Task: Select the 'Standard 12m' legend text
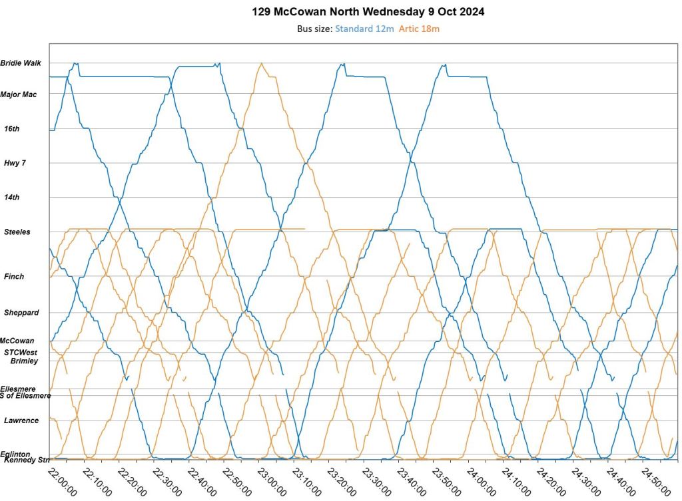coord(364,29)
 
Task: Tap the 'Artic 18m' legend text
coord(419,29)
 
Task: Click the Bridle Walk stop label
coord(21,63)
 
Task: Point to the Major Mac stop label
coord(19,94)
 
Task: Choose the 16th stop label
coord(12,128)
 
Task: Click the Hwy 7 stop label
coord(15,163)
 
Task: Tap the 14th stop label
coord(12,198)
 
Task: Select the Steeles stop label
coord(17,232)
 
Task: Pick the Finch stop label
coord(14,277)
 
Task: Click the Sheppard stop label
coord(21,313)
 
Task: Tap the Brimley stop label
coord(25,361)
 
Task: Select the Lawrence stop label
coord(21,420)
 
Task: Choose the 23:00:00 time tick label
coord(271,480)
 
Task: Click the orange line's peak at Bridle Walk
coord(262,63)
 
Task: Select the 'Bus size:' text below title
coord(314,29)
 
